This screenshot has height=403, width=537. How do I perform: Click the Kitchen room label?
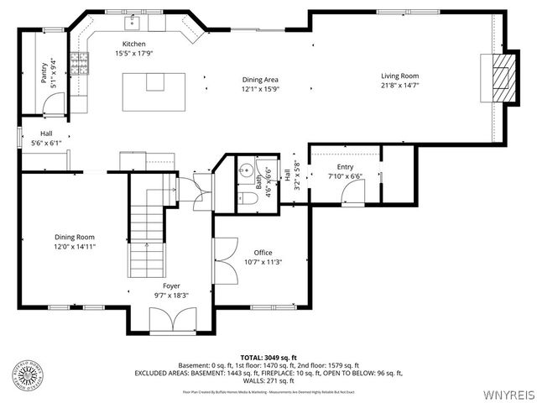point(133,44)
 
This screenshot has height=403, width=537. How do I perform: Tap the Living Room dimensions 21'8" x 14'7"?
point(399,85)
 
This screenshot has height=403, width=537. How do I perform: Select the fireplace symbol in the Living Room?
point(500,77)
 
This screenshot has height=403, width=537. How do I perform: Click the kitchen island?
point(154,91)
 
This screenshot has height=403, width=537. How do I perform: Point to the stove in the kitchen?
point(79,64)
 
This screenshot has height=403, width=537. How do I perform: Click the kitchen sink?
point(133,23)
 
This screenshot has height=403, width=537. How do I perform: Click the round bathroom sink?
point(245,170)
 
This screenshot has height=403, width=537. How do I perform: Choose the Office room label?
point(263,253)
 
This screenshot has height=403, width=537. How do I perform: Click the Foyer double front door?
point(172,321)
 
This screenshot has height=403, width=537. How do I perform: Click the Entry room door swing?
point(352,193)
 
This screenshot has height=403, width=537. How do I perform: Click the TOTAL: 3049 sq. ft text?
point(268,358)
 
